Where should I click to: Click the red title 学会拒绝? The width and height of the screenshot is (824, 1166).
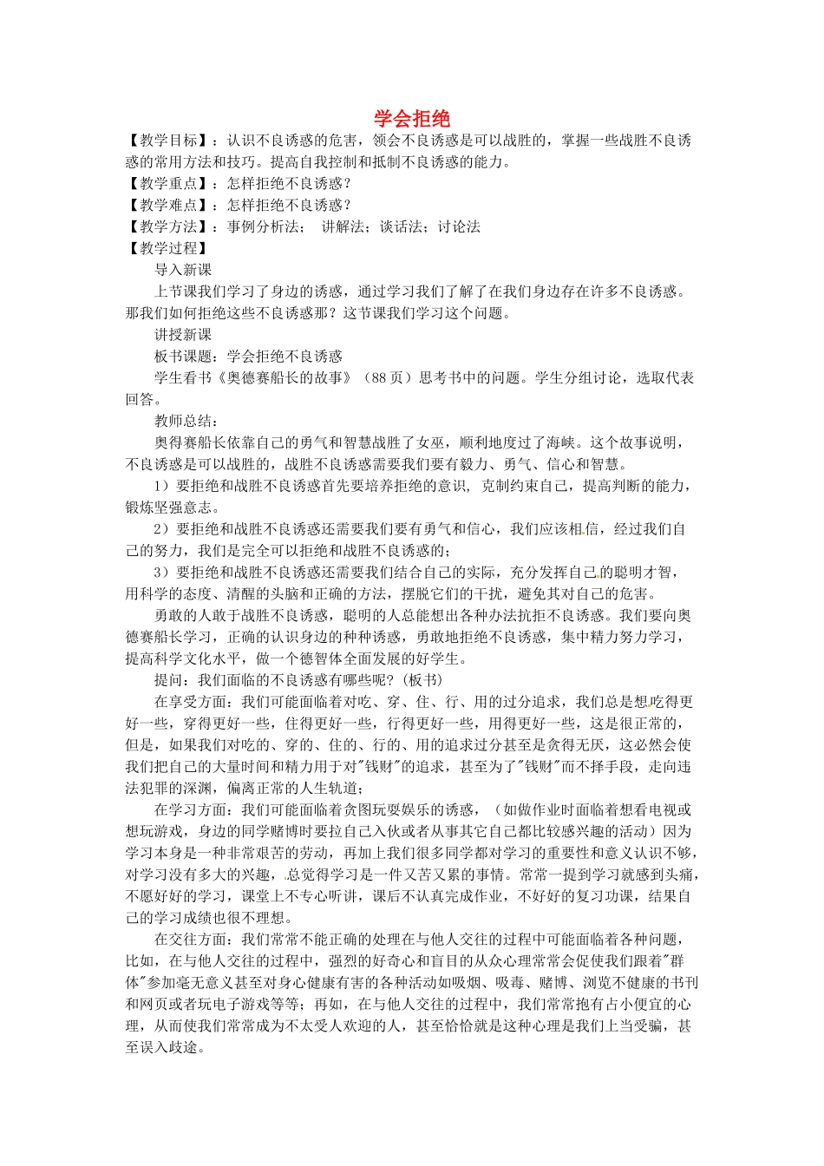(x=412, y=119)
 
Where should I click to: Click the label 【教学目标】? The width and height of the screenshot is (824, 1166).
(x=169, y=141)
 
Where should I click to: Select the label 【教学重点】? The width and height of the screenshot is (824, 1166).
(x=169, y=184)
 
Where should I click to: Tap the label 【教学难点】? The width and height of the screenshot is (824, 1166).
(x=169, y=206)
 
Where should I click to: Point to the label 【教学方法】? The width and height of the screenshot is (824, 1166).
(x=169, y=227)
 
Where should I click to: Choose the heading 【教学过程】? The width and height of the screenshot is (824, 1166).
(x=169, y=249)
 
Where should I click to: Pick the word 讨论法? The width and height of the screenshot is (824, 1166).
(x=459, y=227)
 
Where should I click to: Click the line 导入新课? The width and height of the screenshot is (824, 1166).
(x=183, y=270)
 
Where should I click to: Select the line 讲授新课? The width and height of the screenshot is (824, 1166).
(x=183, y=335)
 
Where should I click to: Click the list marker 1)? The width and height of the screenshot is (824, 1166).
(x=161, y=486)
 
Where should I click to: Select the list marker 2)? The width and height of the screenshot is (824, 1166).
(x=161, y=529)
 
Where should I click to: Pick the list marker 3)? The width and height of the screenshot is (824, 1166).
(x=161, y=573)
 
